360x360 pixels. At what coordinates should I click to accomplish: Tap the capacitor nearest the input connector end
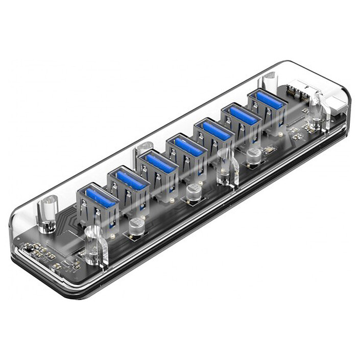pos(253,156)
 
